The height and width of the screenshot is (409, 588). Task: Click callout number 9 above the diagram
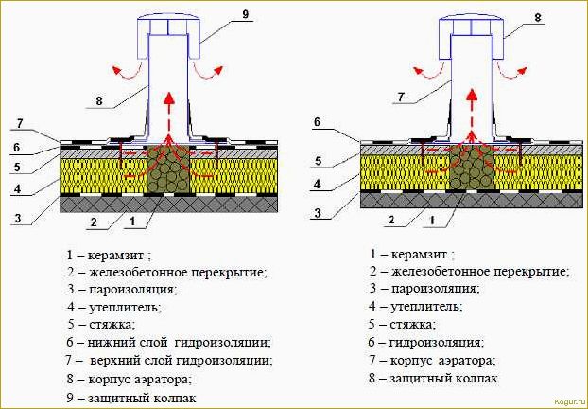pos(245,13)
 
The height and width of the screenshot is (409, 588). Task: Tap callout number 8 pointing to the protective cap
pos(538,18)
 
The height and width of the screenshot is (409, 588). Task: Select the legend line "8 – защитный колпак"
pos(434,378)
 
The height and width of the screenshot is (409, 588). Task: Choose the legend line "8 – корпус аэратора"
pos(130,378)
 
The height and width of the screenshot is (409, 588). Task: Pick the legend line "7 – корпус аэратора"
pos(434,361)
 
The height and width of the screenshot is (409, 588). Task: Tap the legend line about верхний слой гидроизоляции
pos(170,360)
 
